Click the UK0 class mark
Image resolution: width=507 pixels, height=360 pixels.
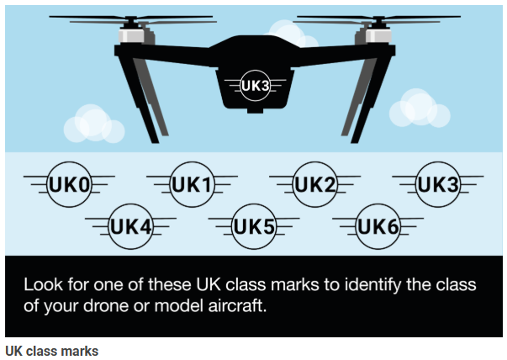point(69,183)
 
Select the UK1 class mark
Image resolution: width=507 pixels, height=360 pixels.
point(192,183)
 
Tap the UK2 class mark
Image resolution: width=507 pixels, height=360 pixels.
point(314,183)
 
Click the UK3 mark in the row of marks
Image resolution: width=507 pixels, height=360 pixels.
point(438,183)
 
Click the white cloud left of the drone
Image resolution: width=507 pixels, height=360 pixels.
point(92,124)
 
